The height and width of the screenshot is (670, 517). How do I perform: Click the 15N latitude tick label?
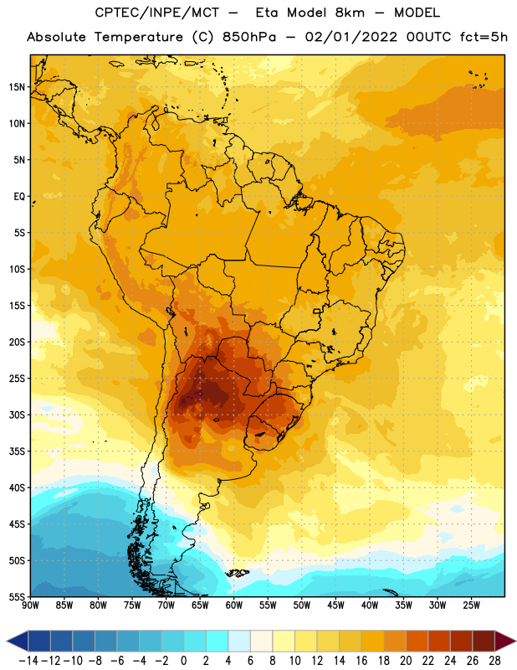[17, 87]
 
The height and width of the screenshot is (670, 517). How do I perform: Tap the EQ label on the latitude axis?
[19, 197]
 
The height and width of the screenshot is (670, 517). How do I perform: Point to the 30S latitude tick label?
[17, 415]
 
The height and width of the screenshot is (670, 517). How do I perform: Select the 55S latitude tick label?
[17, 596]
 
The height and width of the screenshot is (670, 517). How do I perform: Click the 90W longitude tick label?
[30, 606]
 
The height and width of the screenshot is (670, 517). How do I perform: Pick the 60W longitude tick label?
[234, 606]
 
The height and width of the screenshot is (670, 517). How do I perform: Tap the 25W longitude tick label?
[471, 606]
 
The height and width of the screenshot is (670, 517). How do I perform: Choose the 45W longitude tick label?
[335, 606]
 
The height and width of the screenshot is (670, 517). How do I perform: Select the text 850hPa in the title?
[249, 37]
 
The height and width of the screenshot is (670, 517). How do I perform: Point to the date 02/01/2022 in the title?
[351, 37]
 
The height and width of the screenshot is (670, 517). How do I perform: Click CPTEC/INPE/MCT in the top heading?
[157, 13]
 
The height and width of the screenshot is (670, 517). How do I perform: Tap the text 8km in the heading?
[350, 13]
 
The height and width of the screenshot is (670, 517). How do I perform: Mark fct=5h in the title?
[484, 37]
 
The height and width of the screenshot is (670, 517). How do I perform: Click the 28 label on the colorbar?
[494, 661]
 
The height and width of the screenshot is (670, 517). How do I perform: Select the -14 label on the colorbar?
[28, 661]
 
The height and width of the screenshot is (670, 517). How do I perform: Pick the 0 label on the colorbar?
[183, 661]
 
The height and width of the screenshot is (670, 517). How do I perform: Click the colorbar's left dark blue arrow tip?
[7, 642]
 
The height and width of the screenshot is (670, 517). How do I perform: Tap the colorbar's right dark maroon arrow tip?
[515, 642]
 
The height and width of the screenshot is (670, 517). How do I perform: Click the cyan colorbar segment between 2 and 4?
[217, 642]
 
